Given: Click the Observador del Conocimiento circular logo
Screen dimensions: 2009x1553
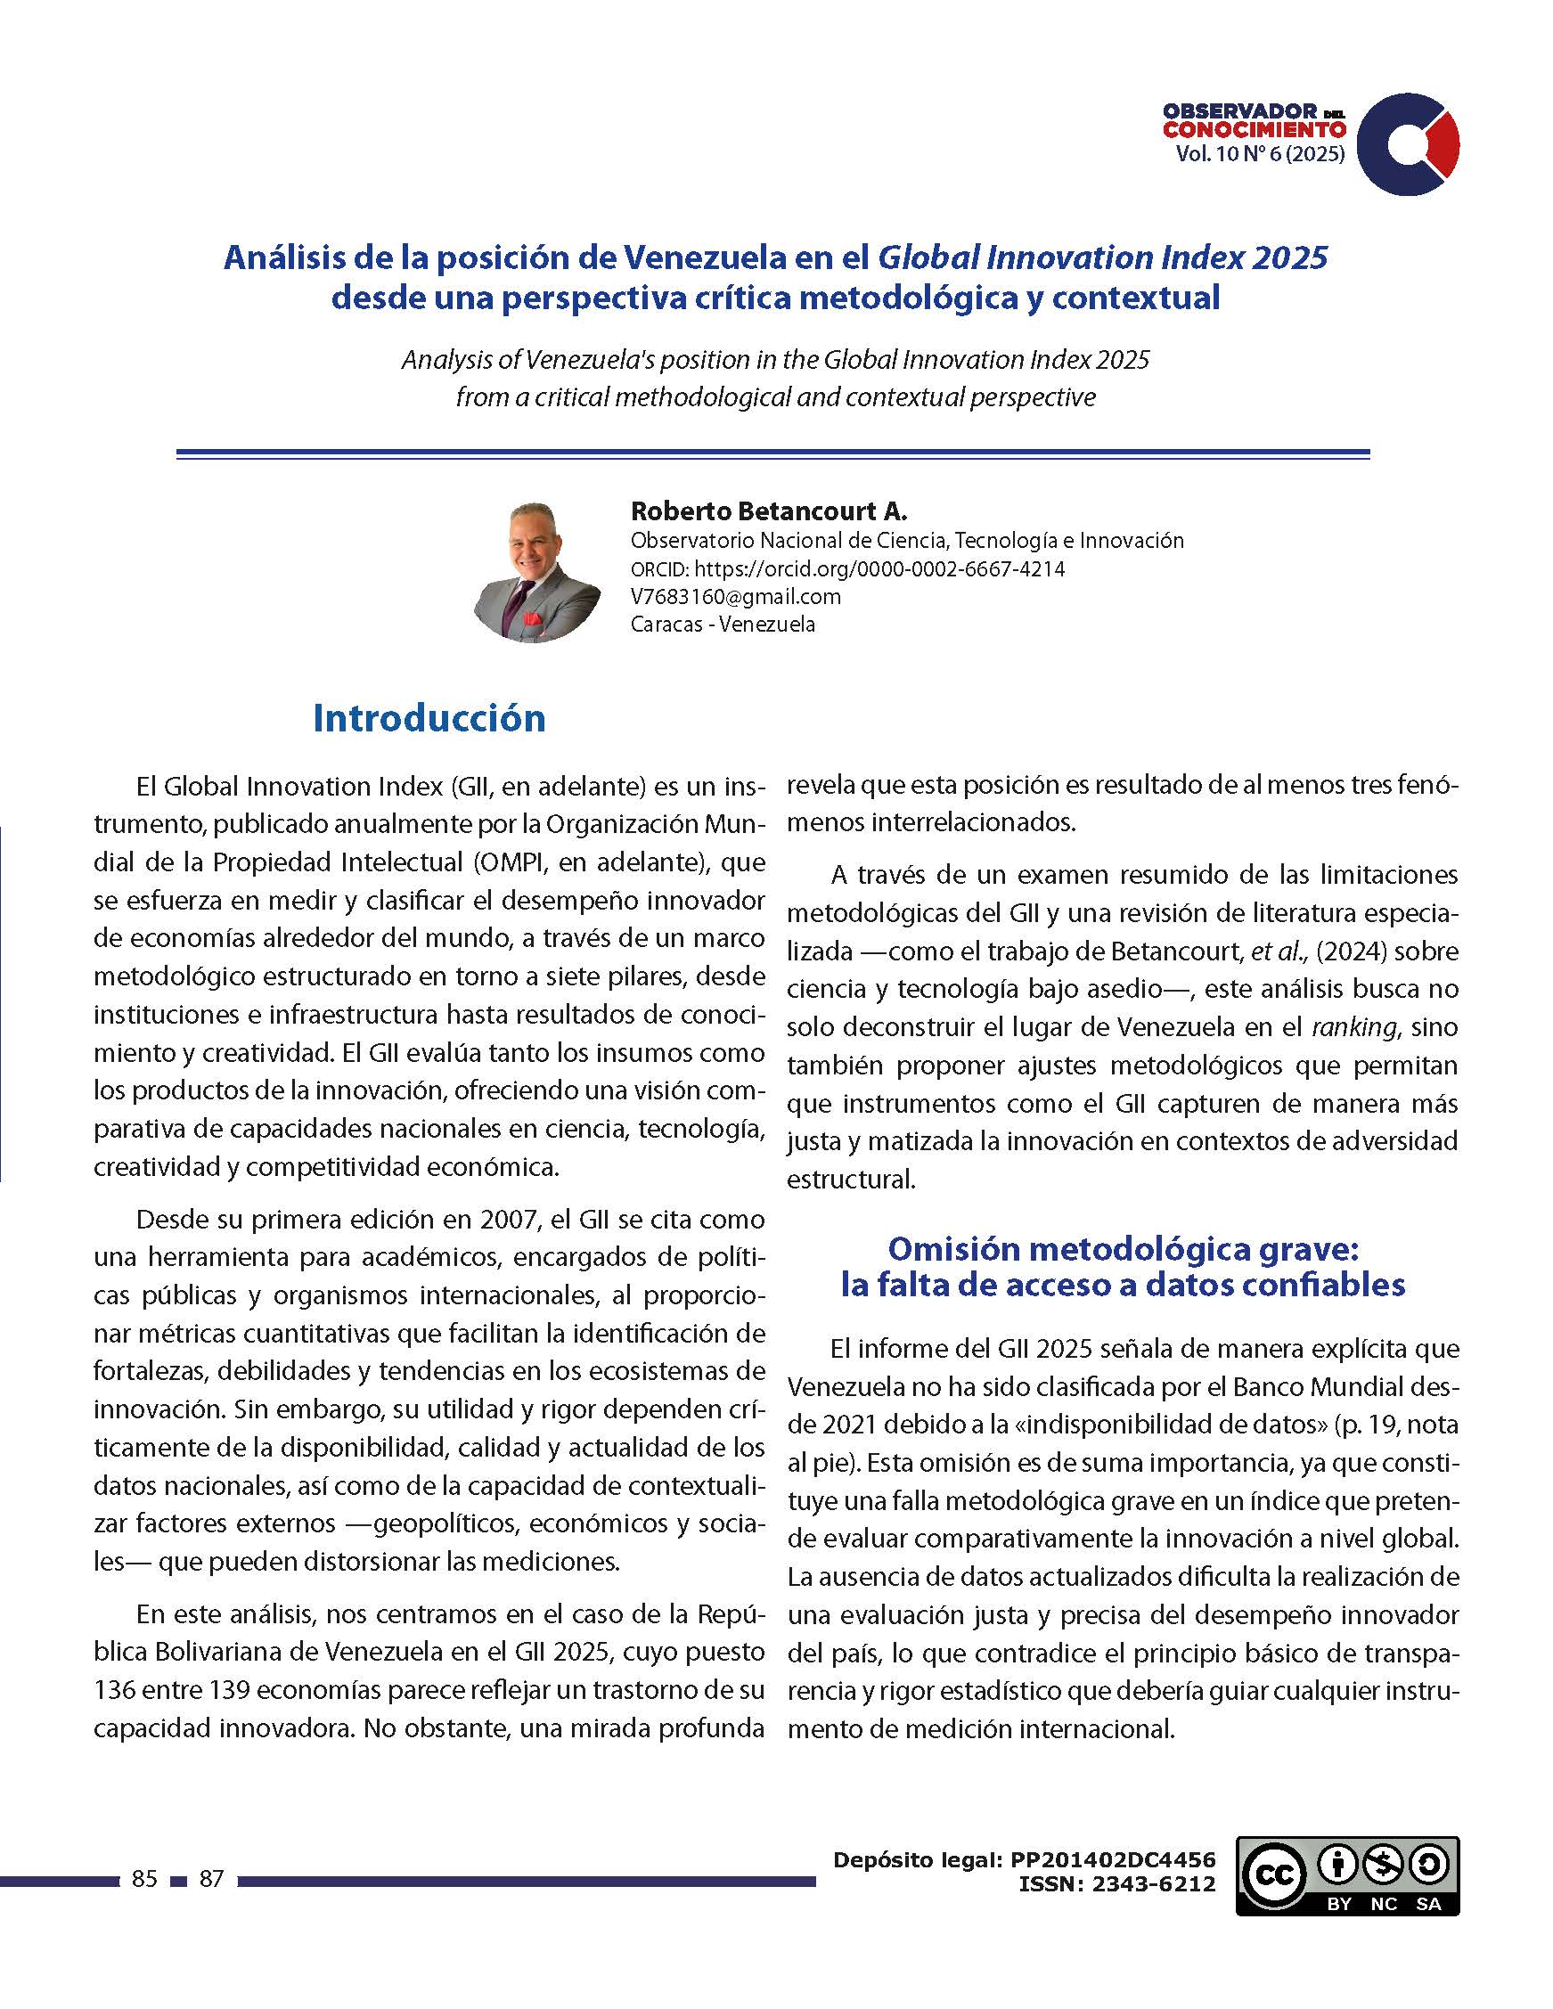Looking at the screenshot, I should (x=1407, y=143).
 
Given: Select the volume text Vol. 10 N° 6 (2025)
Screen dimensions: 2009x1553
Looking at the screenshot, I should (x=1260, y=153).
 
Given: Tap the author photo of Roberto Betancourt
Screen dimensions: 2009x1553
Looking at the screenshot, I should (x=536, y=571).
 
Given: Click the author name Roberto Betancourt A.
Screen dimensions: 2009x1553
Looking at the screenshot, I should (x=768, y=510).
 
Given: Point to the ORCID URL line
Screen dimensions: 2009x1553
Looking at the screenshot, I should (x=847, y=568).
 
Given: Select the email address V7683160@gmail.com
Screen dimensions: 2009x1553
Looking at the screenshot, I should (x=735, y=596).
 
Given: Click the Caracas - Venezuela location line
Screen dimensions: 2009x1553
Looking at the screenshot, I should (x=723, y=624).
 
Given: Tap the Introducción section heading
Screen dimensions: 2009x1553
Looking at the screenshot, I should (x=429, y=718).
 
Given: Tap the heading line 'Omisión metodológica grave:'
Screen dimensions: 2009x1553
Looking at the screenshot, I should (x=1123, y=1248).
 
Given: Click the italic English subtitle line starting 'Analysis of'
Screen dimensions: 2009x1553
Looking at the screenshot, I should (x=774, y=360).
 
